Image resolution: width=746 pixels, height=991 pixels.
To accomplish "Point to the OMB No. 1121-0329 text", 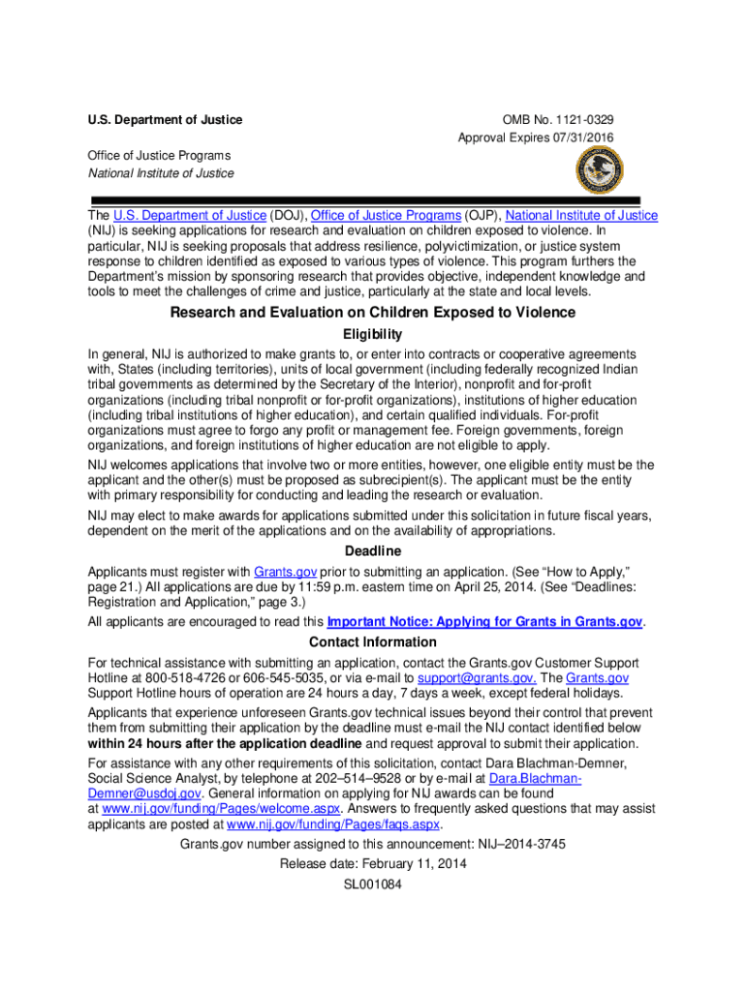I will [557, 120].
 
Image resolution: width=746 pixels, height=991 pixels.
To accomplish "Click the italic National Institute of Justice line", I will [161, 173].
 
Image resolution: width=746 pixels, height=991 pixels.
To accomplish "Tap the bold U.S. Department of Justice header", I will [165, 120].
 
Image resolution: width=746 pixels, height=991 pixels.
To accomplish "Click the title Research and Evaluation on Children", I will [373, 313].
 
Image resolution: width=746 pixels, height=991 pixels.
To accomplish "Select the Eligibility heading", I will [373, 334].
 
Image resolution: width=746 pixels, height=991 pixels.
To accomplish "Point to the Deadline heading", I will [373, 552].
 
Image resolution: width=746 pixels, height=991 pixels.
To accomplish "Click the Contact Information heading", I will [373, 642].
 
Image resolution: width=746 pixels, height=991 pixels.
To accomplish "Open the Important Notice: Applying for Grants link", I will [484, 622].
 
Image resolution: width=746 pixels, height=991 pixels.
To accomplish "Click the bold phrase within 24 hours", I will [225, 743].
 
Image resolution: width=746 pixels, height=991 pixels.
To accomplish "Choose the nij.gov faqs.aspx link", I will [332, 825].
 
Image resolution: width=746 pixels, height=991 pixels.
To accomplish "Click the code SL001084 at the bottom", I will [373, 885].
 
